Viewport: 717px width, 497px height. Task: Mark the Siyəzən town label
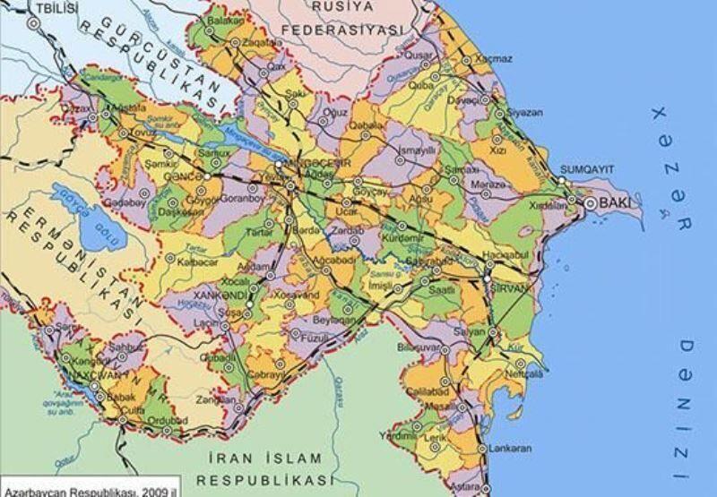pyautogui.click(x=524, y=114)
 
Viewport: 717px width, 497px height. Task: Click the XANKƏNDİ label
pyautogui.click(x=213, y=294)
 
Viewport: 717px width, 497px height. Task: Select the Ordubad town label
pyautogui.click(x=168, y=420)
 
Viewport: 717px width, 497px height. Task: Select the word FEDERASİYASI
pyautogui.click(x=328, y=29)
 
